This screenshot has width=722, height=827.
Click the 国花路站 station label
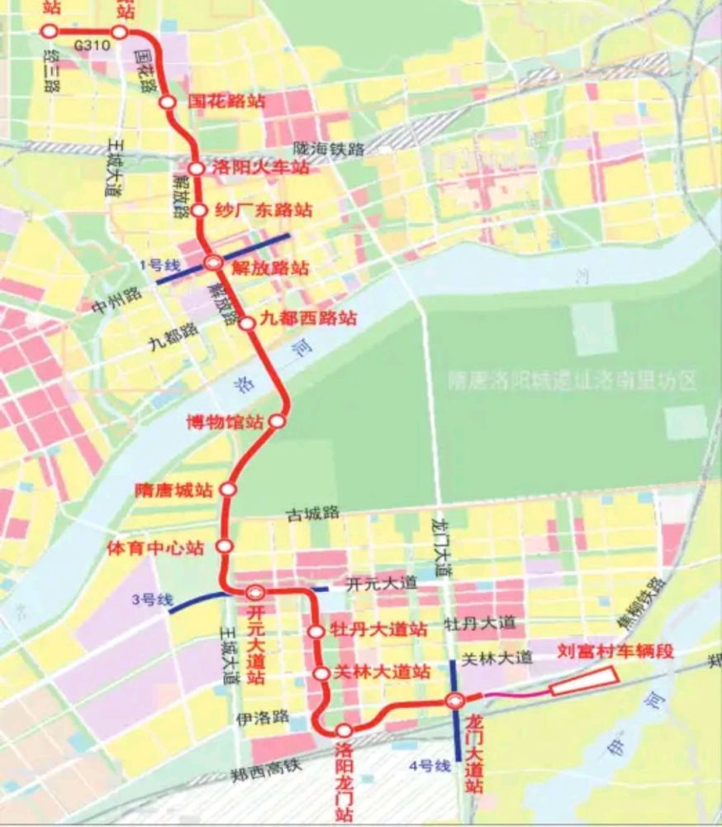[x=226, y=102]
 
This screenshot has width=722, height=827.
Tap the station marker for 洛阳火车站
[x=196, y=169]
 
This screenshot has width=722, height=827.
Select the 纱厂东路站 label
[x=263, y=209]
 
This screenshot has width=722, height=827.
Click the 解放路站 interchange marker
[x=213, y=263]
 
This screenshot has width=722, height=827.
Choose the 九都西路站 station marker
[x=246, y=323]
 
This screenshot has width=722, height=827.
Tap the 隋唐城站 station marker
[x=228, y=490]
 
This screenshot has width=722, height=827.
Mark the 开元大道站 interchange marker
[x=255, y=592]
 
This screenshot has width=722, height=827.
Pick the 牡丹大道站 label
[x=378, y=630]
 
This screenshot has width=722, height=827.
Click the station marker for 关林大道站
[x=322, y=674]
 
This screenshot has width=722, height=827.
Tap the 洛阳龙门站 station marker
[x=344, y=730]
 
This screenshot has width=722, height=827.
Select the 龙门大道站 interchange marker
[x=455, y=701]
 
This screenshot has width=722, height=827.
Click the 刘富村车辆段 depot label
[x=616, y=651]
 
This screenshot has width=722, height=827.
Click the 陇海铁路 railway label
[x=330, y=149]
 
